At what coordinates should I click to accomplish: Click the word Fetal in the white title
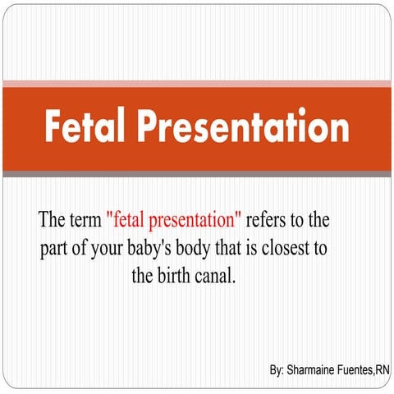(85, 129)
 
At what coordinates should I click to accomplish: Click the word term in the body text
(85, 221)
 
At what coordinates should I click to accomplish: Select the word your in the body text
(112, 248)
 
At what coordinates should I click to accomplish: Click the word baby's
(158, 248)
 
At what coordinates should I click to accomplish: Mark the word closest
(297, 248)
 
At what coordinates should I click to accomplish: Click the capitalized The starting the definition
(52, 221)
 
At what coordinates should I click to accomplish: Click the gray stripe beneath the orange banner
(197, 174)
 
